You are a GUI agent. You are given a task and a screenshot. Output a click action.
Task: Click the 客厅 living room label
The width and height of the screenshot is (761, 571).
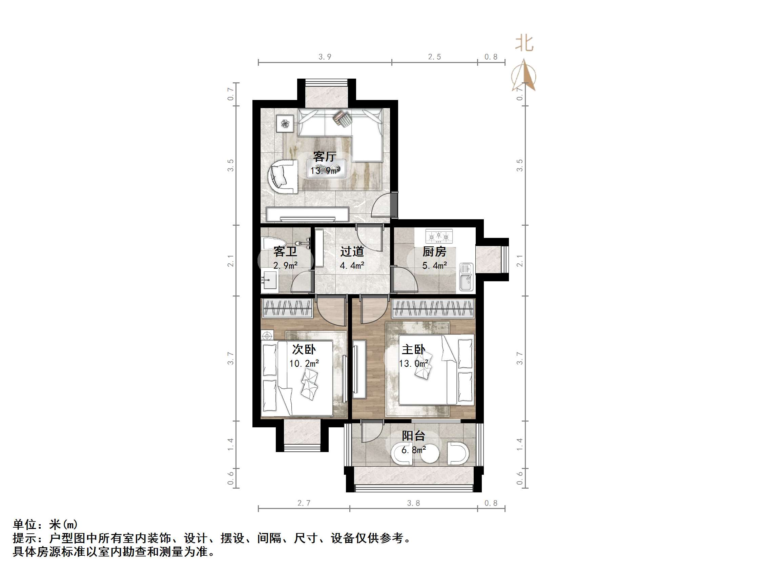[324, 157]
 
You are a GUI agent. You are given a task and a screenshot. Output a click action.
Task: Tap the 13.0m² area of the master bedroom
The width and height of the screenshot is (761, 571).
[413, 364]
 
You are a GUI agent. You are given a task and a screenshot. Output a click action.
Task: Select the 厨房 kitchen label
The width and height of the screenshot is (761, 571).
[434, 252]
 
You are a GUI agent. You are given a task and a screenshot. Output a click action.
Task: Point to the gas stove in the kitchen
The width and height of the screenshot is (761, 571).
[439, 237]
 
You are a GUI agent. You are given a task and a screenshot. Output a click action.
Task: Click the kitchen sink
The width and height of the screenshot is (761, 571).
[466, 277]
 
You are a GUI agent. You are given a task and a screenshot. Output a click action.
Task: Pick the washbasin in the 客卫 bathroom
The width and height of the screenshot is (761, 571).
[270, 281]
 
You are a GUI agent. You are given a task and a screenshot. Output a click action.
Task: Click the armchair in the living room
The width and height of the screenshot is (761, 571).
[283, 177]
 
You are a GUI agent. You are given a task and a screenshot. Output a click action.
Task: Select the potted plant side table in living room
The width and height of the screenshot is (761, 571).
[285, 123]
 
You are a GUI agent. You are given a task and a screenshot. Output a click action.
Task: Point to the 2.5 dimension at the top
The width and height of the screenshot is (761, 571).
[434, 57]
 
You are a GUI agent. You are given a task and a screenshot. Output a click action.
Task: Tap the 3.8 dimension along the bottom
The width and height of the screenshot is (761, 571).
[413, 503]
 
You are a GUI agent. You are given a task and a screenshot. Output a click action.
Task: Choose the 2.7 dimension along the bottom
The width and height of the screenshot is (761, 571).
[304, 503]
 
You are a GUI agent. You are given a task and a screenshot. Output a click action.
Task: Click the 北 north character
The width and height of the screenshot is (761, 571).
[524, 44]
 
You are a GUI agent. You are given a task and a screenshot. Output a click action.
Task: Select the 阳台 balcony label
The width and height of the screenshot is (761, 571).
[413, 436]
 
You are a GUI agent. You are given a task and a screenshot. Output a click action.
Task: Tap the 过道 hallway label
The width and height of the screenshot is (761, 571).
[352, 252]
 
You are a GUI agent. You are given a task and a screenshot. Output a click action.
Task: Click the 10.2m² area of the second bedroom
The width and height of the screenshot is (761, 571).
[304, 364]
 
